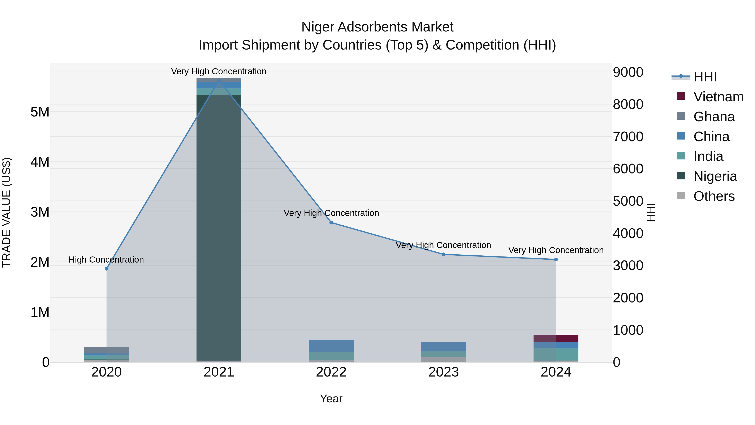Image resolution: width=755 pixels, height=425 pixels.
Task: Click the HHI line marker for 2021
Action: (219, 80)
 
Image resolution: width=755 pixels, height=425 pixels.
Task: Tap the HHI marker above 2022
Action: (331, 223)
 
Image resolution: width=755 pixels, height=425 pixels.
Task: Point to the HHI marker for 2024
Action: (556, 260)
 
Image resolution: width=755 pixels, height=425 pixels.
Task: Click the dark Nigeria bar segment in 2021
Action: (219, 229)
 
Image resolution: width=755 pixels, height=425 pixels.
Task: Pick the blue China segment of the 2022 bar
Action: (331, 346)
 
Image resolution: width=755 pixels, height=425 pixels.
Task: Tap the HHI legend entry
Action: (705, 77)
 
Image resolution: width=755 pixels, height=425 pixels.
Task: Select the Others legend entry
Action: (714, 196)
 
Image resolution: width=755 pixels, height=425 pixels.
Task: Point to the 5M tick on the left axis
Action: (40, 112)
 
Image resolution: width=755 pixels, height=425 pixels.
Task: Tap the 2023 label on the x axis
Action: (443, 372)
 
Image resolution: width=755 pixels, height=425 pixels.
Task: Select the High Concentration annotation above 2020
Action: (106, 260)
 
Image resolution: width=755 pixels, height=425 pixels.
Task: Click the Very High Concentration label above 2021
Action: (219, 71)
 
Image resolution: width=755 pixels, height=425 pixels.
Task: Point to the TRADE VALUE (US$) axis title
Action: (7, 212)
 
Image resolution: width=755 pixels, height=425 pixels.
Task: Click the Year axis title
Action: (331, 399)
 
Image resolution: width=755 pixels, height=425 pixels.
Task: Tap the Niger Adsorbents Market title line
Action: (377, 27)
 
